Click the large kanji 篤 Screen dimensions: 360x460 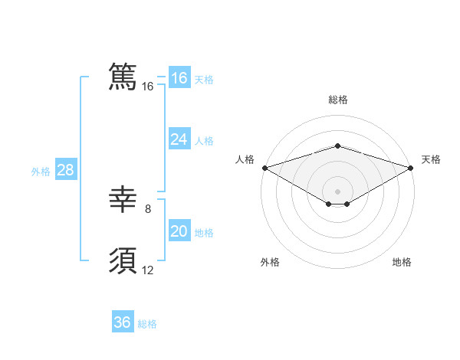tap(123, 77)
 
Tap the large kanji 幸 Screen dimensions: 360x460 tap(123, 200)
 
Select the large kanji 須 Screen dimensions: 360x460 tap(123, 261)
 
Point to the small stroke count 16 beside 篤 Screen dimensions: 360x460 tap(148, 87)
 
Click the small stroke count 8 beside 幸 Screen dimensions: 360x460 tap(148, 208)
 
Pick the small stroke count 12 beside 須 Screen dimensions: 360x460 tap(148, 270)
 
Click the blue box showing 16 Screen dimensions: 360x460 tap(179, 78)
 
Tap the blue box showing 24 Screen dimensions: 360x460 tap(179, 139)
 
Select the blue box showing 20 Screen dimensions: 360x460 tap(179, 231)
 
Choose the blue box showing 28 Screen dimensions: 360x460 tap(65, 170)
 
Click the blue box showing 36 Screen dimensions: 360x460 tap(123, 322)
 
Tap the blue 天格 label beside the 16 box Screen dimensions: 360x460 tap(204, 79)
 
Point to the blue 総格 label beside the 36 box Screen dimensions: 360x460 tap(147, 324)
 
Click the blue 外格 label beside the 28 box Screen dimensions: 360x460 tap(41, 172)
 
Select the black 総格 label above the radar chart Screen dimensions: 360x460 tap(337, 100)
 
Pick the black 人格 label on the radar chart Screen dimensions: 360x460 tap(245, 159)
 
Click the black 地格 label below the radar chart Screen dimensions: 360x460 tap(402, 262)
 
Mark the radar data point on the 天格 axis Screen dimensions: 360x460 tap(411, 168)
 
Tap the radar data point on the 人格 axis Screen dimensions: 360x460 tap(264, 168)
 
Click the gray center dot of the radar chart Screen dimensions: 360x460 tap(337, 191)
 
